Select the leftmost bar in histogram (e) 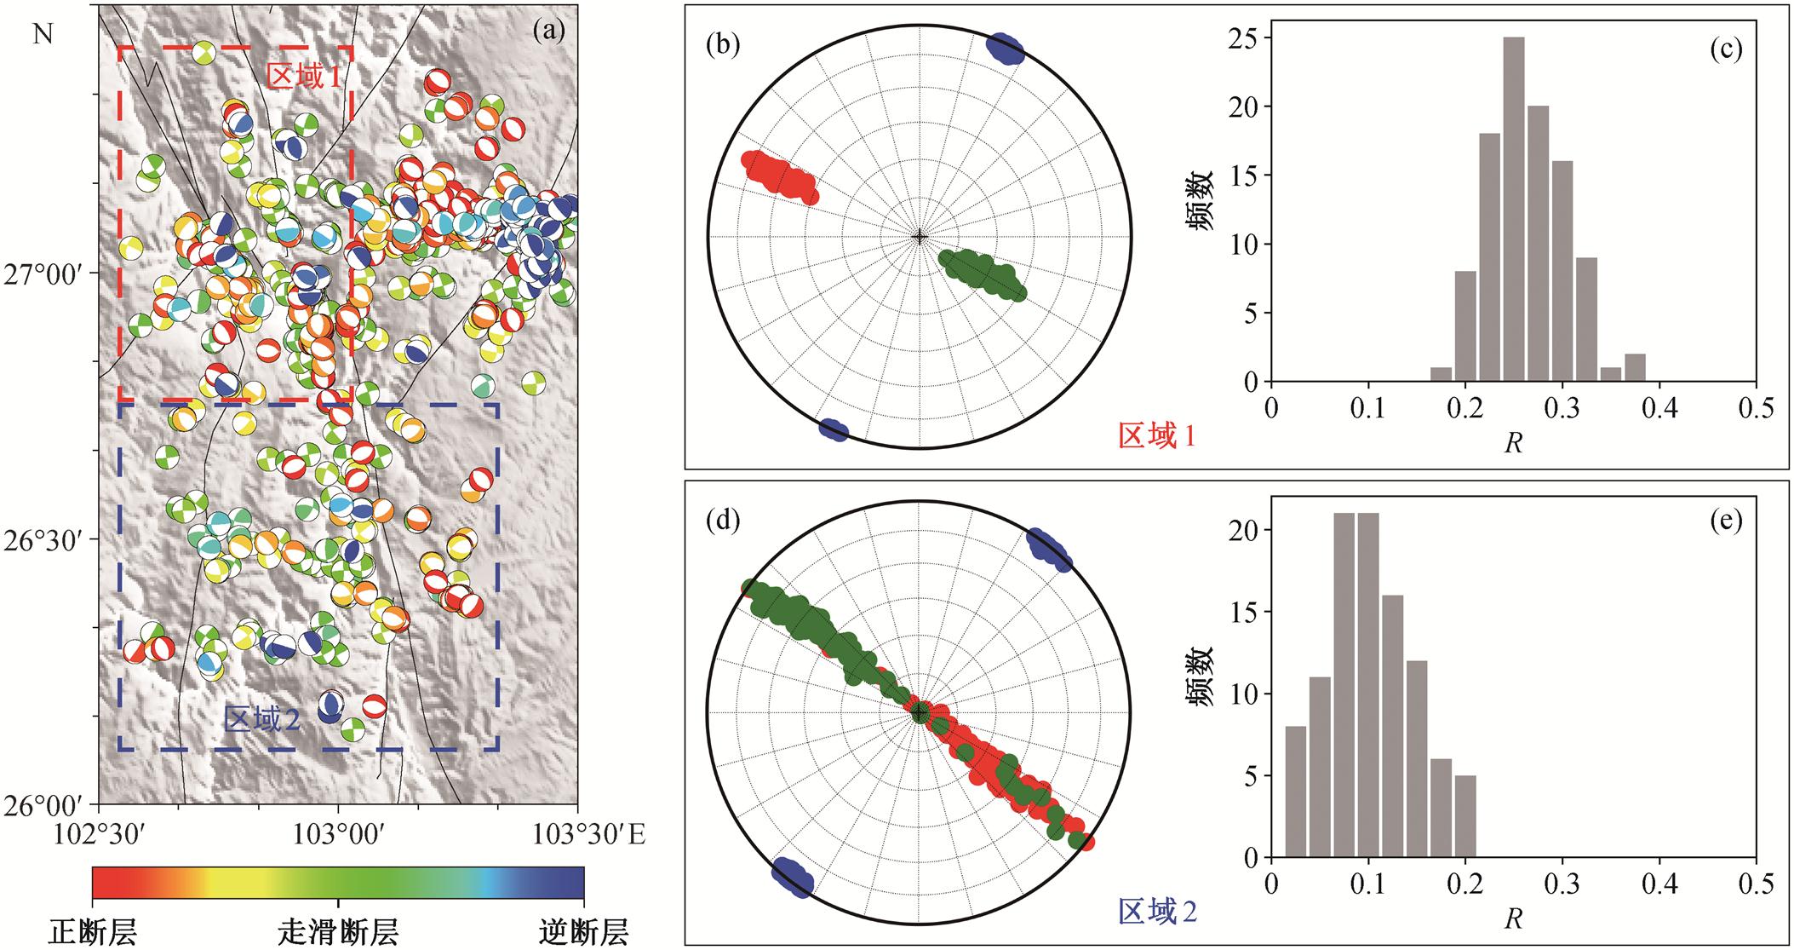pos(1294,792)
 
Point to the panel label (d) pos(723,520)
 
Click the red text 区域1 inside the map pos(304,77)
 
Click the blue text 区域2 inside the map pos(261,721)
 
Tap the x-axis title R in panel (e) pos(1513,920)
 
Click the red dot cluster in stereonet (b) pos(779,176)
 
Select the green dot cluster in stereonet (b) pos(983,273)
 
